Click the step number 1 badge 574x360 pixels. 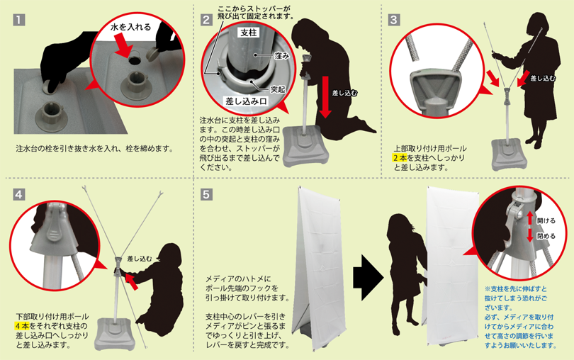(19, 20)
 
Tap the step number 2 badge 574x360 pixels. (206, 20)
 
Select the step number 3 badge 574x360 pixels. (394, 20)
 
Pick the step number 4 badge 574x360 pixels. (19, 194)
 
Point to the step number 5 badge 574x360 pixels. (206, 194)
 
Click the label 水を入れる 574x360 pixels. (130, 27)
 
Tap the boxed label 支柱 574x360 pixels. (249, 33)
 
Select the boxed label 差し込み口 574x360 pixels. (247, 101)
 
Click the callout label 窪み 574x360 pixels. (282, 56)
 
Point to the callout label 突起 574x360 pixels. (278, 89)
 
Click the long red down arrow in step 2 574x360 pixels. (325, 97)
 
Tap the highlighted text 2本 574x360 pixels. (400, 158)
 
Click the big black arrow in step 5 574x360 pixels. (368, 278)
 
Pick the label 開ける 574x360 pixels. (546, 221)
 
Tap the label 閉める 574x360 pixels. (546, 236)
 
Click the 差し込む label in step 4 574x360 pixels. (140, 259)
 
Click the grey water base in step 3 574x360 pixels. (510, 154)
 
